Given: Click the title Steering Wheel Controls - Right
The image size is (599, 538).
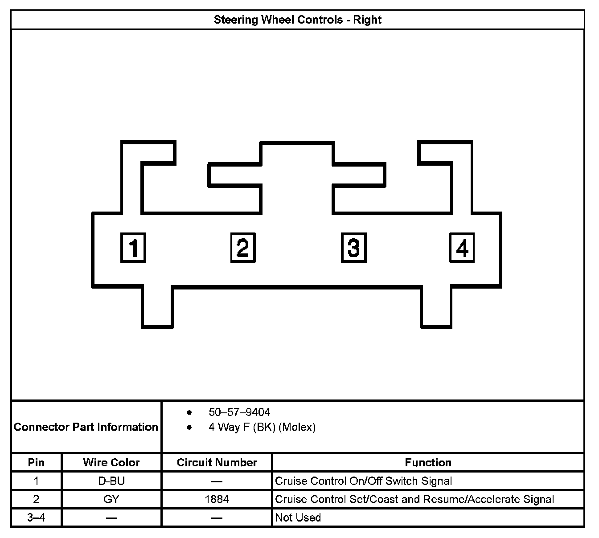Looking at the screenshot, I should click(x=297, y=20).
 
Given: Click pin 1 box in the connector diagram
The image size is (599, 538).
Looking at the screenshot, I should click(x=133, y=248).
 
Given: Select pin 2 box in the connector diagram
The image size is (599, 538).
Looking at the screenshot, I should click(x=243, y=248).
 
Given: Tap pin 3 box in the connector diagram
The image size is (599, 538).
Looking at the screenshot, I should click(x=353, y=248).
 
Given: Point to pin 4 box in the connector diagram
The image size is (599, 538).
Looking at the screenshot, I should click(x=462, y=248).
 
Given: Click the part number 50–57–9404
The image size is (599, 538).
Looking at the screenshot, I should click(x=239, y=412).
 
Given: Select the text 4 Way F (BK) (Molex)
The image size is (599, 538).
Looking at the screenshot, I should click(x=262, y=428).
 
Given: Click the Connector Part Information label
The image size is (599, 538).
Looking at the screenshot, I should click(x=86, y=427).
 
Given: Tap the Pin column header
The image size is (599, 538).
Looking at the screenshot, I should click(x=36, y=463).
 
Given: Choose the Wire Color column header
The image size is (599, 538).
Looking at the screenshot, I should click(x=111, y=463).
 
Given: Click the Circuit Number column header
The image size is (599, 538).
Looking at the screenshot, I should click(x=217, y=463).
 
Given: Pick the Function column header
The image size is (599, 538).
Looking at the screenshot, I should click(x=428, y=463).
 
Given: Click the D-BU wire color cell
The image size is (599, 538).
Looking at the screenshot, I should click(x=111, y=481).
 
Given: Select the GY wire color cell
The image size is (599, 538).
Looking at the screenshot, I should click(x=111, y=500).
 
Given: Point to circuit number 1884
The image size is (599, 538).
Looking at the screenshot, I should click(x=217, y=500).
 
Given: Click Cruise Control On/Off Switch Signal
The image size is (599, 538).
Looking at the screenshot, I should click(x=364, y=481).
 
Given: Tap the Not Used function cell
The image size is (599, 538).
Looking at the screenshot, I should click(x=298, y=518).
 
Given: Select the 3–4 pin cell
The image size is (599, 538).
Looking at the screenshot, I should click(x=36, y=518).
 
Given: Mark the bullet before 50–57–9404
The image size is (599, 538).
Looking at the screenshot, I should click(x=190, y=412).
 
